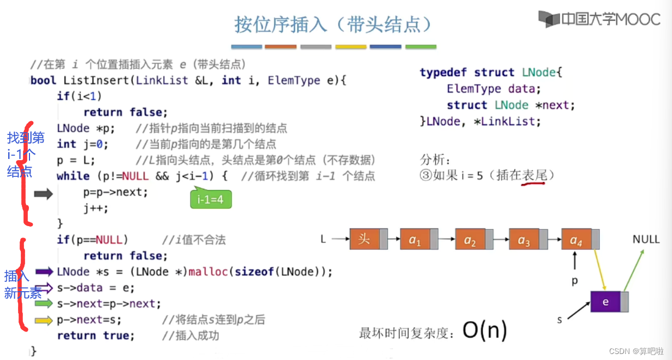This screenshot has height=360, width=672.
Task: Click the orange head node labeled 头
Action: pyautogui.click(x=365, y=239)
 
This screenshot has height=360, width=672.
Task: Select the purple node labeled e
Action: pyautogui.click(x=606, y=302)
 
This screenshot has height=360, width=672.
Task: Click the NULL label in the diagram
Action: pyautogui.click(x=646, y=239)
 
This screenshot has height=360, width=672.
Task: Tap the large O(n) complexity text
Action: pyautogui.click(x=485, y=329)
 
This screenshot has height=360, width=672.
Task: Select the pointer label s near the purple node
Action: pyautogui.click(x=560, y=320)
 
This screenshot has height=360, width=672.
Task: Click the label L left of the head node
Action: pyautogui.click(x=323, y=239)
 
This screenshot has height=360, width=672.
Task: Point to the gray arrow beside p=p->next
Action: pyautogui.click(x=43, y=193)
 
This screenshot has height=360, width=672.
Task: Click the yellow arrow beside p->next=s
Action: pyautogui.click(x=44, y=320)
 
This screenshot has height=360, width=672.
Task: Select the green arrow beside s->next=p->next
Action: pyautogui.click(x=44, y=304)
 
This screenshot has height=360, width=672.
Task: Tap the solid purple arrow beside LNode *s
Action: pyautogui.click(x=44, y=272)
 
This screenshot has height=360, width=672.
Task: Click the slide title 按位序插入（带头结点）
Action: pyautogui.click(x=334, y=25)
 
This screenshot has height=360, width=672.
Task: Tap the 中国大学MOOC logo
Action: pyautogui.click(x=599, y=19)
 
